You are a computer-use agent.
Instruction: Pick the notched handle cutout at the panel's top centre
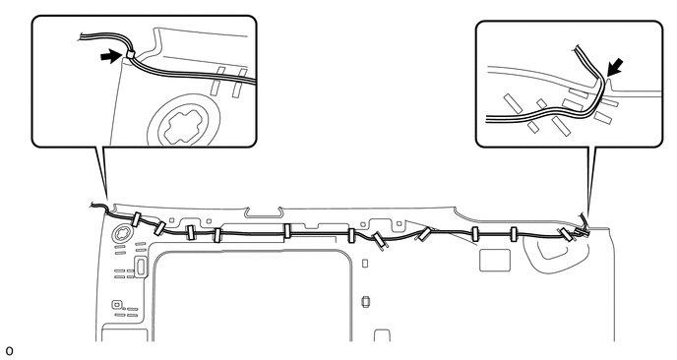click(263, 210)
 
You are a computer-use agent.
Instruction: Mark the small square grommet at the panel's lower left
click(118, 306)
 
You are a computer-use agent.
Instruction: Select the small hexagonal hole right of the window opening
click(364, 301)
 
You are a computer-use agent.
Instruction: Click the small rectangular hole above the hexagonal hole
click(364, 263)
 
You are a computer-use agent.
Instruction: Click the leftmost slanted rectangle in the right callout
click(509, 101)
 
